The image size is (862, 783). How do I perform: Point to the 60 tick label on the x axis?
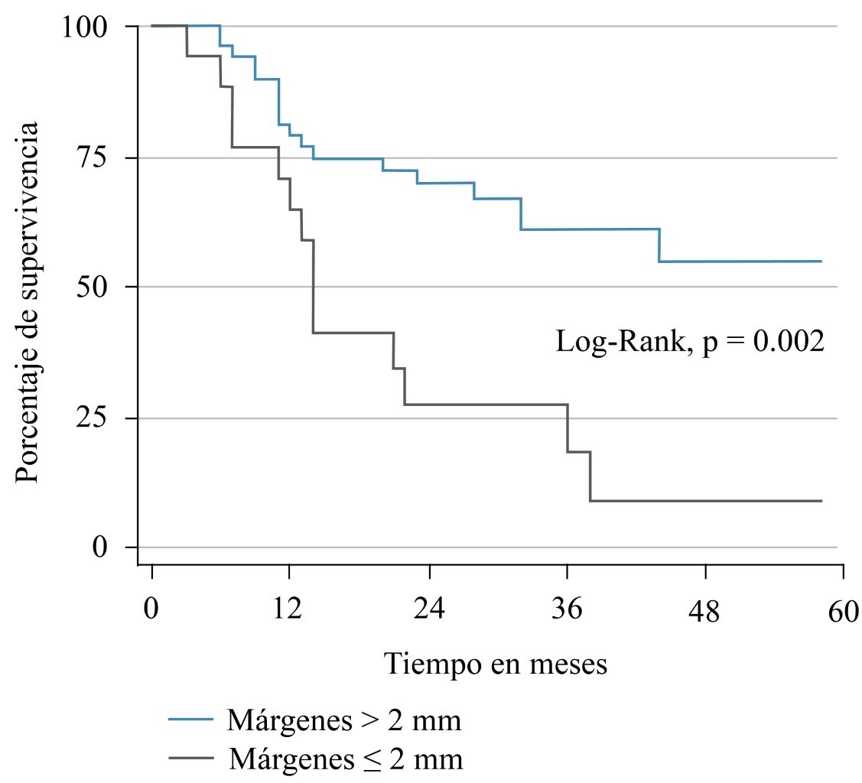click(x=844, y=612)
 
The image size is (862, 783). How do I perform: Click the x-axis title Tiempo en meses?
click(x=496, y=663)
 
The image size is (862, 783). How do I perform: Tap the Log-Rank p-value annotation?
click(x=690, y=341)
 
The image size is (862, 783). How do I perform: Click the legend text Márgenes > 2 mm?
click(x=344, y=720)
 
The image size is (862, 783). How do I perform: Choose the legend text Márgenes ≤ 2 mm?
click(x=345, y=759)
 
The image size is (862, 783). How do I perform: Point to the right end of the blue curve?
click(x=821, y=262)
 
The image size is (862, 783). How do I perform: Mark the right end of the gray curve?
click(x=821, y=501)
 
